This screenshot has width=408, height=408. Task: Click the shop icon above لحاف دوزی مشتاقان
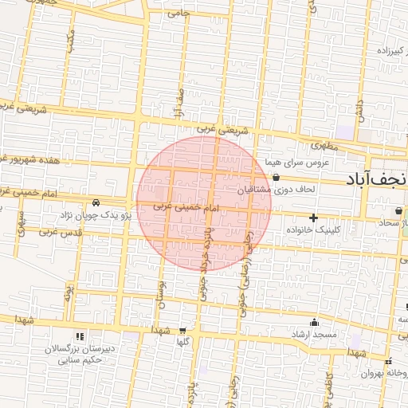276,177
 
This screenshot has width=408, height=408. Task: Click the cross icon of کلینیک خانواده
313,217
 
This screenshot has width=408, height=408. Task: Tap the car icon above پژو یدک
96,203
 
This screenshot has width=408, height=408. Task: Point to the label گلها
182,342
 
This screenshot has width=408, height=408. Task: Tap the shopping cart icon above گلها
182,330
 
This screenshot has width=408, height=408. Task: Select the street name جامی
180,13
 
